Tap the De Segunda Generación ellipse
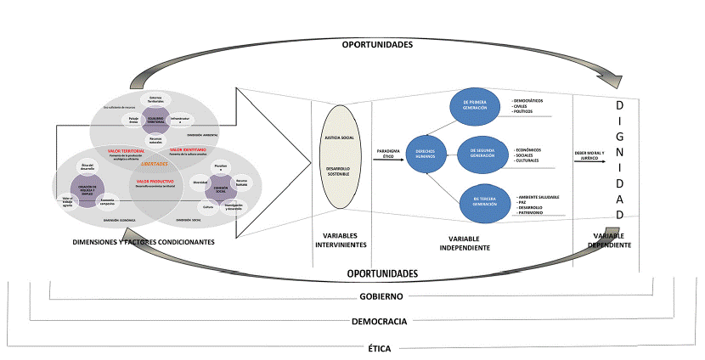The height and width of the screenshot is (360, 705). coord(481,153)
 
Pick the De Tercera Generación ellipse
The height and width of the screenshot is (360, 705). coord(481,200)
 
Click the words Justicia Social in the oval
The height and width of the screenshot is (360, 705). coord(337,137)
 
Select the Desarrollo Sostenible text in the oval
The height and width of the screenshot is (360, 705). coord(337,172)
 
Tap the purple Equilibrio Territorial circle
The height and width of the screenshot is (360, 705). coord(155,121)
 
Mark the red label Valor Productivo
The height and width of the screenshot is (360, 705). coord(155,180)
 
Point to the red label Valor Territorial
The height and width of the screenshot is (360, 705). coord(127,150)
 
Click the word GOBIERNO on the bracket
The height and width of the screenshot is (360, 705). coord(381,296)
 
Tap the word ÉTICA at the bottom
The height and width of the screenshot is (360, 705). coord(381,348)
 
